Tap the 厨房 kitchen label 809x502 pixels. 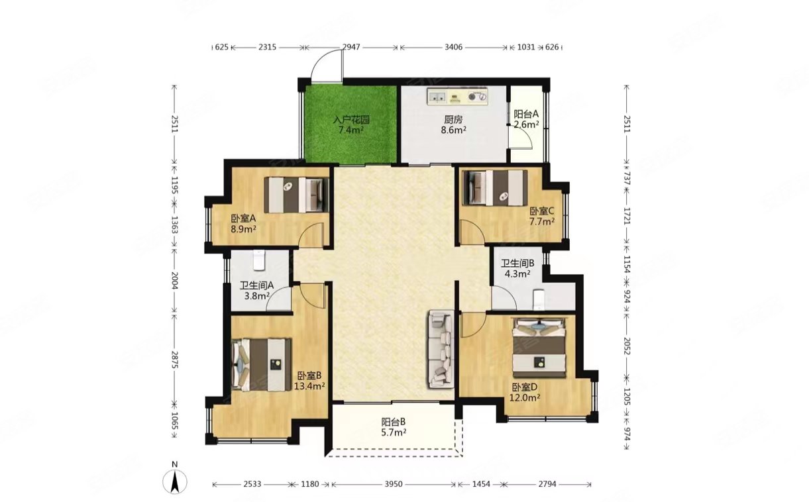453,119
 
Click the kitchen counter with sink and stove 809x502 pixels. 458,96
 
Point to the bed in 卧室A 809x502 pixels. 296,195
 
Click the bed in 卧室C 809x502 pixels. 495,188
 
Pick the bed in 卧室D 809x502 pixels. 539,348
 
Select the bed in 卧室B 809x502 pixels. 262,364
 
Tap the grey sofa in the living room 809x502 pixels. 441,348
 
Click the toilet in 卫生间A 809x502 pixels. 259,260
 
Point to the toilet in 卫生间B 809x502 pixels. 539,299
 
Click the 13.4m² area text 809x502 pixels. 309,386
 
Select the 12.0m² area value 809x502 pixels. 525,398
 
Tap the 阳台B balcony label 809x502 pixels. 394,421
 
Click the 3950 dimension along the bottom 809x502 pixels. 394,484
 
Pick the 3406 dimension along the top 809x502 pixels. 453,47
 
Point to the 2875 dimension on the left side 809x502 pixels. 175,360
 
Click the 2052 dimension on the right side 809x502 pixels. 627,346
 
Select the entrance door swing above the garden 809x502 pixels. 327,65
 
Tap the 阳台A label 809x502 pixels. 526,114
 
